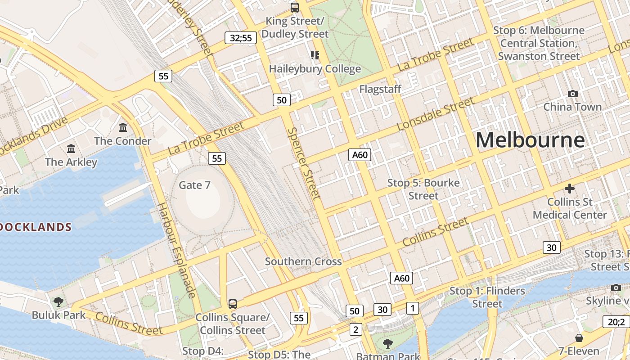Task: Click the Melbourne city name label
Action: [530, 140]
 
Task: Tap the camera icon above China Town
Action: [572, 94]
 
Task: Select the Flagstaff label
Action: [380, 89]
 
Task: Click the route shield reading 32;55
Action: [241, 38]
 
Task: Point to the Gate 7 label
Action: [194, 185]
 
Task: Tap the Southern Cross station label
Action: [303, 261]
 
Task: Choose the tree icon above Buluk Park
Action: [58, 301]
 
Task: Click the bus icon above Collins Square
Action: [232, 304]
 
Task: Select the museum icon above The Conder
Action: [123, 128]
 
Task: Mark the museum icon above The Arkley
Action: [71, 148]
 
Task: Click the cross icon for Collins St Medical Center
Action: [570, 189]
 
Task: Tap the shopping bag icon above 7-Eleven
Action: [579, 337]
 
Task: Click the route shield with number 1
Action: [413, 308]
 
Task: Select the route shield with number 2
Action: [356, 329]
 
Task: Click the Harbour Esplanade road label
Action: [176, 250]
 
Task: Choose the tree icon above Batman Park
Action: [387, 344]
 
